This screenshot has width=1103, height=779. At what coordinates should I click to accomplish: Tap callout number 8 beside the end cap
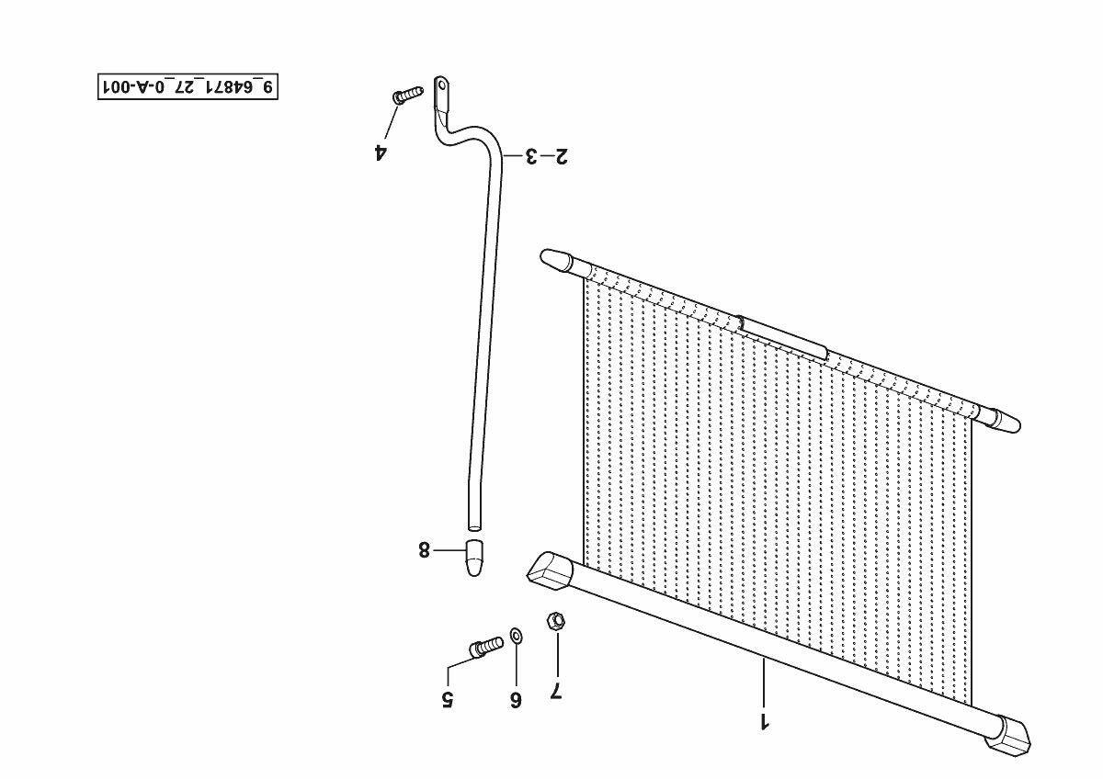click(424, 550)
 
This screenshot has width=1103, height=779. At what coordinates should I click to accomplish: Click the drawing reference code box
click(188, 87)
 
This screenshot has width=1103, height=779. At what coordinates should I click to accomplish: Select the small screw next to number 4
click(407, 95)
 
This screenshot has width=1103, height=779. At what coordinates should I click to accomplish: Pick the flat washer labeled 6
click(516, 635)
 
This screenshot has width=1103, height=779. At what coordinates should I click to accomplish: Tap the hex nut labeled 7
click(555, 621)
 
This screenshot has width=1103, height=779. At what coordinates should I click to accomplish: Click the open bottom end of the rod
click(474, 525)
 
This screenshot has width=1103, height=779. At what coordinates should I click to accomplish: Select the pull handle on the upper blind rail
click(783, 337)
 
